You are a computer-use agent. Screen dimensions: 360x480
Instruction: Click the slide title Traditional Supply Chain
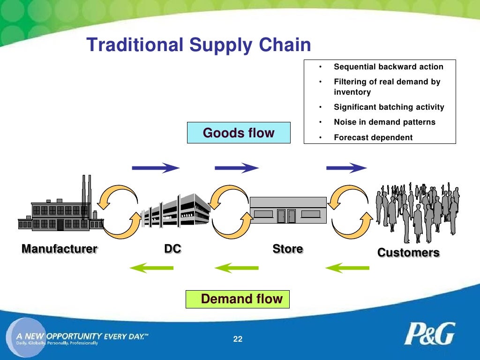(x=199, y=45)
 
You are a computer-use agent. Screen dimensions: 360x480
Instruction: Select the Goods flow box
(x=239, y=133)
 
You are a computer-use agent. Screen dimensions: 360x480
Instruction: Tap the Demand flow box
(x=238, y=299)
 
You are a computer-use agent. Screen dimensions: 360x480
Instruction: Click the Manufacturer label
(x=59, y=249)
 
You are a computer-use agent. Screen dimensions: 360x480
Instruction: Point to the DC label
(x=172, y=249)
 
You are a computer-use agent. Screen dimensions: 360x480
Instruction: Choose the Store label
(x=287, y=249)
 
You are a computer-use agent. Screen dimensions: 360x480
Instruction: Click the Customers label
(x=408, y=253)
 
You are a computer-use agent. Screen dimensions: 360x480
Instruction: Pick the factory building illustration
(x=61, y=209)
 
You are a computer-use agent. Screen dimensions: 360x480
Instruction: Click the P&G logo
(x=429, y=334)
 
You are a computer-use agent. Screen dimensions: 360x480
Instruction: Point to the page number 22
(x=238, y=339)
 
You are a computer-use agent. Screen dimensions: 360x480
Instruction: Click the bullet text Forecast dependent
(x=373, y=137)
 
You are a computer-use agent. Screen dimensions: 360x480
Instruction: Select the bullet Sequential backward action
(x=388, y=67)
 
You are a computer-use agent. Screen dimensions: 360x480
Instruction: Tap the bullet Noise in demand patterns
(x=384, y=122)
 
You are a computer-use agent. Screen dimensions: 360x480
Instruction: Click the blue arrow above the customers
(x=346, y=167)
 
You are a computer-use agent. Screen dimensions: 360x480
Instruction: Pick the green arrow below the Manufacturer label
(x=151, y=268)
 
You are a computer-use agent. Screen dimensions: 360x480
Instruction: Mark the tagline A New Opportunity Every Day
(x=82, y=336)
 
